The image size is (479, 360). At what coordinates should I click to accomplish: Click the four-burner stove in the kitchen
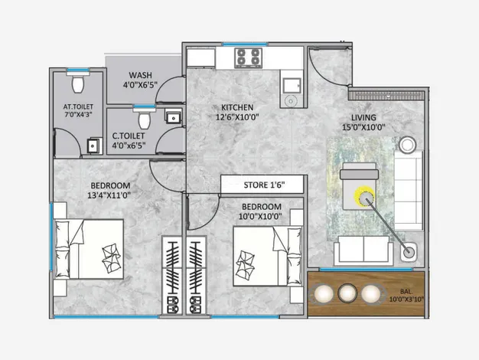tap(249, 57)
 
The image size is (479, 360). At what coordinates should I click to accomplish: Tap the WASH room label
tap(140, 75)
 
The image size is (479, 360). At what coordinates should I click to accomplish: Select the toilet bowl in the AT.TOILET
tap(78, 83)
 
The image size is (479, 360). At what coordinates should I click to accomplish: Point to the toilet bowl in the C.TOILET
tap(144, 119)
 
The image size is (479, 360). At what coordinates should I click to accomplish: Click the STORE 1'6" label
tap(264, 185)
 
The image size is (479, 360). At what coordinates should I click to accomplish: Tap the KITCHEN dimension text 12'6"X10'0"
tap(237, 117)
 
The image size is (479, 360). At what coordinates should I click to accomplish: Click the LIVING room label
tap(363, 117)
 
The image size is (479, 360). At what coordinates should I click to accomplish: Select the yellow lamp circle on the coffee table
tap(364, 197)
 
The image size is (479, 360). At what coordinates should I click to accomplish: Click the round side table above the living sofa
tap(407, 144)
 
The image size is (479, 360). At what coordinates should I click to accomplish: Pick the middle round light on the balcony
tap(347, 293)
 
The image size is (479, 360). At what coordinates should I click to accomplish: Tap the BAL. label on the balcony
tap(406, 292)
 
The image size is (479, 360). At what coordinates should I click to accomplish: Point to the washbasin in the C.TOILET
tap(174, 116)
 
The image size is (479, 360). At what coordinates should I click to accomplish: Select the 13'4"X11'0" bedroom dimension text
tap(109, 195)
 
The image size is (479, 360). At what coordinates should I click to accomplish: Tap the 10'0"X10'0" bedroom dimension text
tap(260, 217)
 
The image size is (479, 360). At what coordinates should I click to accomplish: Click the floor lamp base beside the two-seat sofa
tap(409, 253)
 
